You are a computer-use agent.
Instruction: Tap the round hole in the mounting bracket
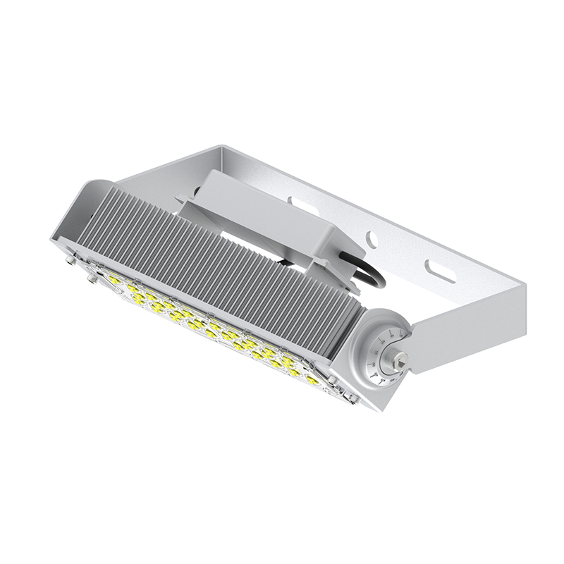pyautogui.click(x=372, y=240)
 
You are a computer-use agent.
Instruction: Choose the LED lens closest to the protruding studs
pyautogui.click(x=114, y=281)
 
